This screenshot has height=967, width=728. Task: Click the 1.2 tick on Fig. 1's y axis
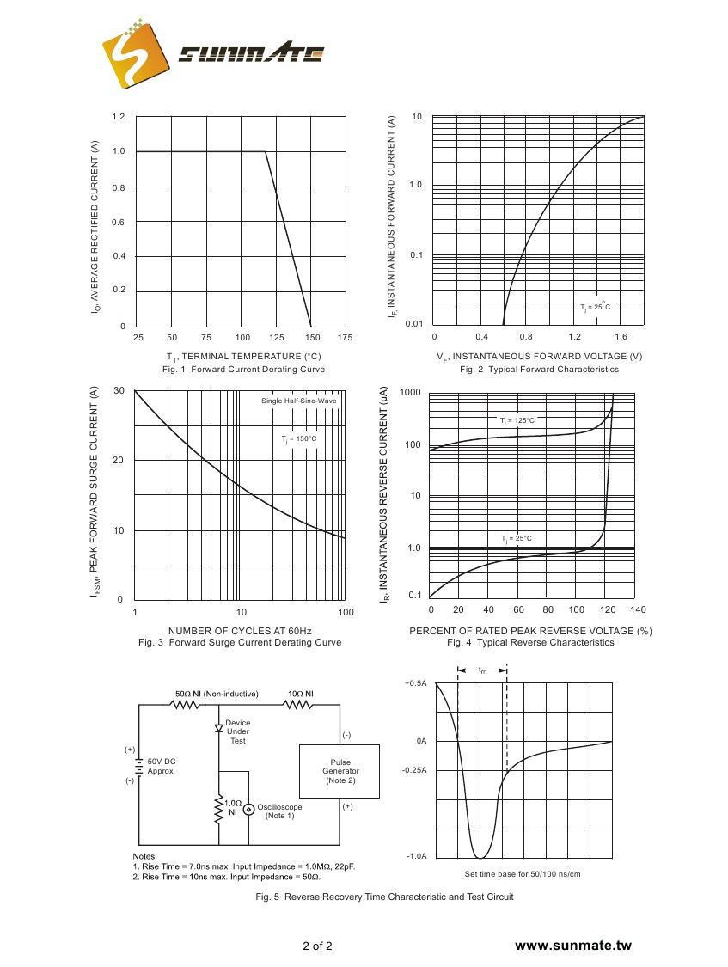[119, 117]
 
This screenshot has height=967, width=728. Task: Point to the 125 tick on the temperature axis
[277, 338]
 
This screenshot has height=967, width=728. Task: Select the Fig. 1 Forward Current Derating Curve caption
[243, 370]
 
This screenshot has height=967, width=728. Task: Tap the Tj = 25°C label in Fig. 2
[594, 307]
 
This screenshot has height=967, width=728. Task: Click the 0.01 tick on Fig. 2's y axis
[413, 324]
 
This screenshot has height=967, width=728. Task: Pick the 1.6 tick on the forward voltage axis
[621, 338]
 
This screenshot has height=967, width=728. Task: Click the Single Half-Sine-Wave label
[298, 401]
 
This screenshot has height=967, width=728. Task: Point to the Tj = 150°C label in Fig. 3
[299, 439]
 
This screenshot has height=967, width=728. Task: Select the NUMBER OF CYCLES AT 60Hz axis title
[240, 631]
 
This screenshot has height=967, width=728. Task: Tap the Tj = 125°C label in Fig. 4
[517, 421]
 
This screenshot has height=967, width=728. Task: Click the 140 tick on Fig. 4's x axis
[637, 610]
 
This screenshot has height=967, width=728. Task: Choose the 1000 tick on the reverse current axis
[411, 394]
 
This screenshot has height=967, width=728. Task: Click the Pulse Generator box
[340, 771]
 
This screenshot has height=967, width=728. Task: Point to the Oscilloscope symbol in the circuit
[248, 809]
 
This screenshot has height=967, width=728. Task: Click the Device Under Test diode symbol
[219, 729]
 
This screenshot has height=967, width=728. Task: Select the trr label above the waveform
[481, 670]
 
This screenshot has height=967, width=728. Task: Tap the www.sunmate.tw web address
[572, 946]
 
